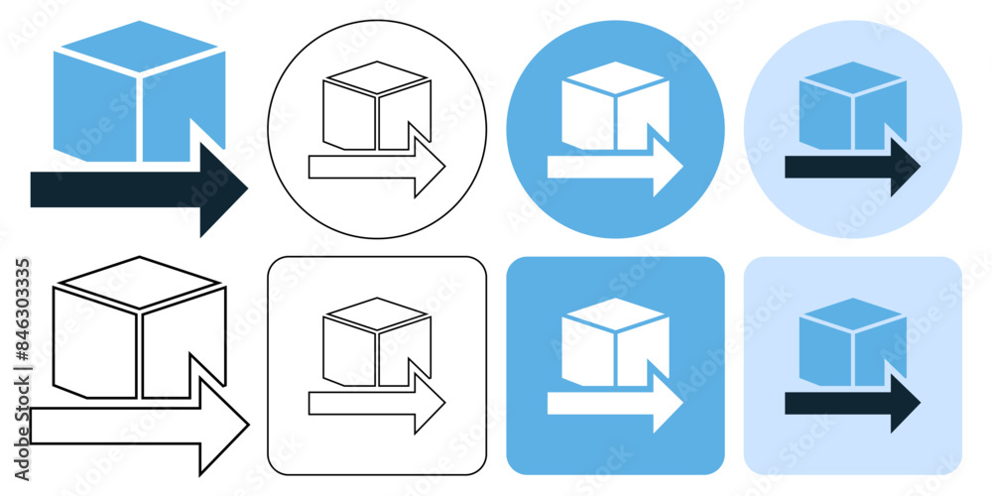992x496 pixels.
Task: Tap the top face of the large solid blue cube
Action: point(136,47)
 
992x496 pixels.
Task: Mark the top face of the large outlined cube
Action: point(136,282)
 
